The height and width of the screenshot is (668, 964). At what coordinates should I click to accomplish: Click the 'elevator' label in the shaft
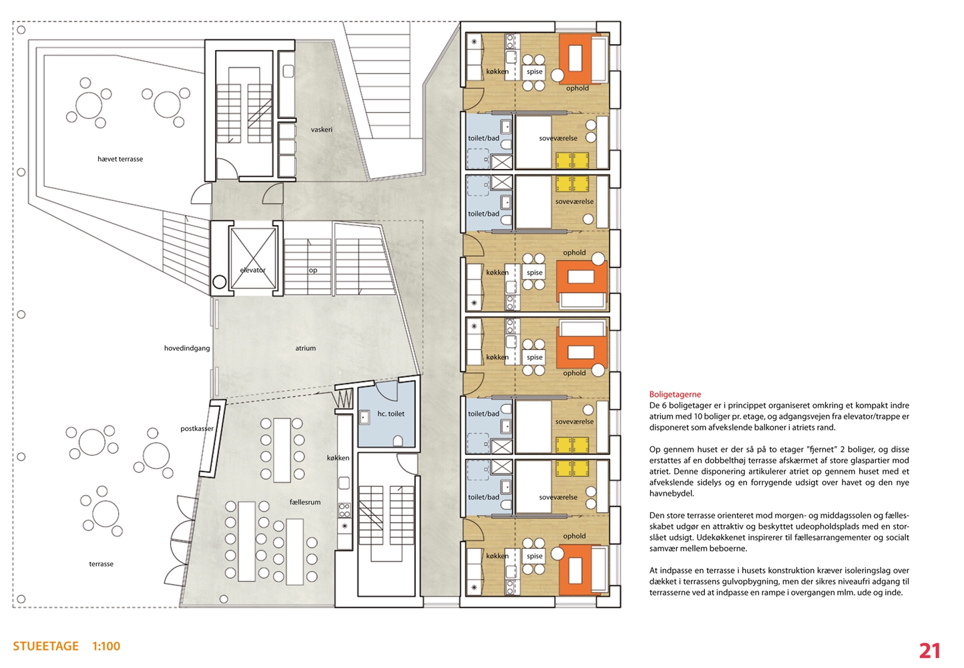click(x=252, y=270)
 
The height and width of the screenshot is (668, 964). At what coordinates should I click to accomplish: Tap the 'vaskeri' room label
click(x=322, y=129)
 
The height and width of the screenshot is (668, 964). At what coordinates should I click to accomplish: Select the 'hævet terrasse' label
click(x=120, y=159)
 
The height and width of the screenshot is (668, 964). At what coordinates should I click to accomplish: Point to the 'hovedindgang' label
click(x=187, y=348)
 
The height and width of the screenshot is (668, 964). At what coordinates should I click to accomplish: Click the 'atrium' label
click(x=306, y=348)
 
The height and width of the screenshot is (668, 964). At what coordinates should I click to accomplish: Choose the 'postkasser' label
click(x=197, y=429)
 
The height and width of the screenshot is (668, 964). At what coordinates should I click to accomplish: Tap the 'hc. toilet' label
click(x=391, y=413)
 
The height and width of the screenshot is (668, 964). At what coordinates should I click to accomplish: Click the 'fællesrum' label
click(x=305, y=502)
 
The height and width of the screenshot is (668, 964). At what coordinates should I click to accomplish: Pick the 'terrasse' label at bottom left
click(x=101, y=564)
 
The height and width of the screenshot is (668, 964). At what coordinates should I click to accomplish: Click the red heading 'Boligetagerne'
click(x=675, y=394)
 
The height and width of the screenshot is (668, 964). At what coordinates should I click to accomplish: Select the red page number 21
click(x=929, y=651)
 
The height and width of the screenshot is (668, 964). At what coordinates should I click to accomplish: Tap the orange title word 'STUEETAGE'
click(x=45, y=646)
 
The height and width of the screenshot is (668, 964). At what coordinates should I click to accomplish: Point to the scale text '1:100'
click(x=106, y=646)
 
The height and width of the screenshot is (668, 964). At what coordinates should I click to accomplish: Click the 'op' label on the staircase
click(x=313, y=270)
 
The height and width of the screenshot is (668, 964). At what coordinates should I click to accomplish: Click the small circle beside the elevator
click(x=220, y=283)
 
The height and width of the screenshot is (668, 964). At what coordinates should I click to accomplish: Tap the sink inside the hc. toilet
click(x=365, y=417)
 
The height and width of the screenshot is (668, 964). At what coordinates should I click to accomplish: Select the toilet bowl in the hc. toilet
click(x=398, y=441)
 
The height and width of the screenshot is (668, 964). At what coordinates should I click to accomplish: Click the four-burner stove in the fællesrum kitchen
click(x=344, y=510)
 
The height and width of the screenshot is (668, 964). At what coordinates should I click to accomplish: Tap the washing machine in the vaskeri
click(x=288, y=71)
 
